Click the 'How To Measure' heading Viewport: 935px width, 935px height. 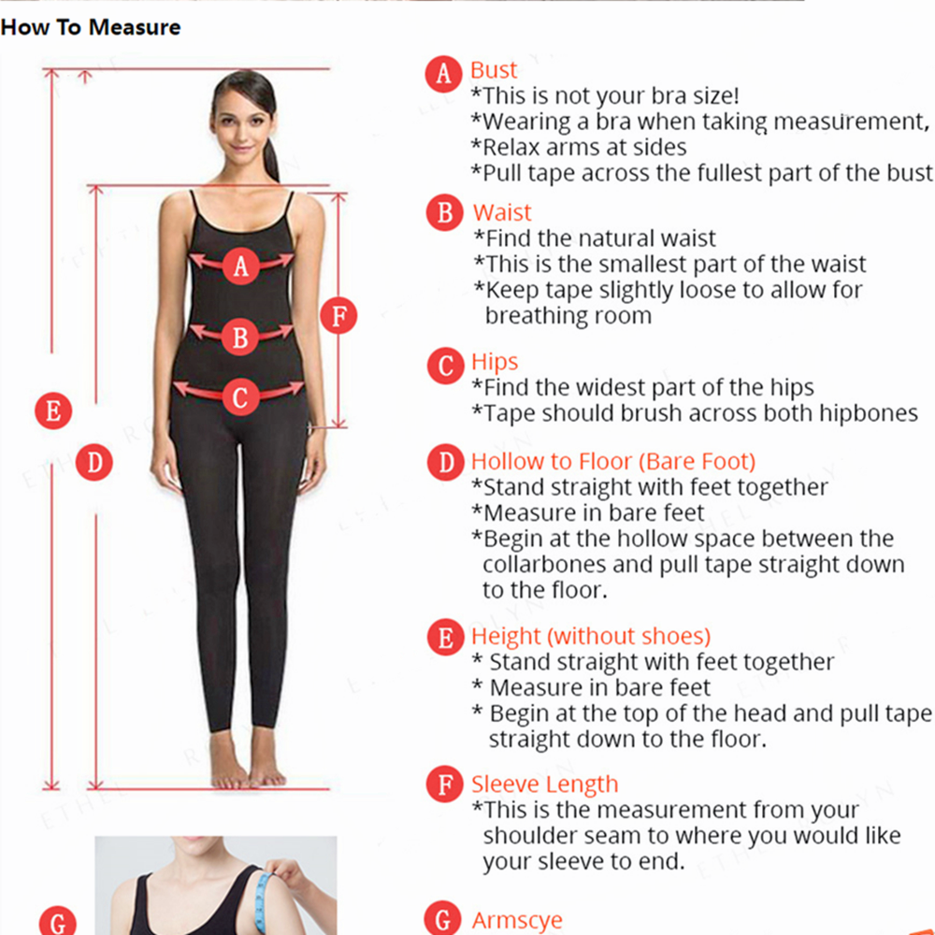click(x=91, y=27)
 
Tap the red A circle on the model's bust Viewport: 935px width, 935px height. click(x=241, y=266)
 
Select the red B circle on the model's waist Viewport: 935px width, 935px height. click(x=240, y=337)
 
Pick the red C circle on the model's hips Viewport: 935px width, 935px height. click(x=240, y=397)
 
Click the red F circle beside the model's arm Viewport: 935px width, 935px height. click(x=338, y=315)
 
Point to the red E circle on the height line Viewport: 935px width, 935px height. click(x=53, y=410)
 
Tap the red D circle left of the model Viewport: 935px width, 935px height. click(x=94, y=462)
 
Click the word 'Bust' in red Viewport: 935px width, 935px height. click(x=493, y=70)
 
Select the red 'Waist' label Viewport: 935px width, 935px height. click(x=501, y=212)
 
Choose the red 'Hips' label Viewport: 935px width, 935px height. click(x=495, y=362)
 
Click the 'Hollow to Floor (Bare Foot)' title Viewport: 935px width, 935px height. click(x=613, y=462)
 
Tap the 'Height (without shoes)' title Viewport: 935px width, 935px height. click(x=591, y=636)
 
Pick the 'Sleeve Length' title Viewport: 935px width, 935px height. click(x=544, y=784)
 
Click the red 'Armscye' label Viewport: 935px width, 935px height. click(x=517, y=920)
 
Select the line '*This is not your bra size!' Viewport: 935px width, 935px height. click(x=605, y=95)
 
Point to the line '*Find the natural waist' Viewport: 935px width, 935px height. click(x=595, y=237)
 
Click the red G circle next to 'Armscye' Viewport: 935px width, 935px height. click(x=442, y=919)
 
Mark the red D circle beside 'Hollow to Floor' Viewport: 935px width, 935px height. click(x=445, y=462)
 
